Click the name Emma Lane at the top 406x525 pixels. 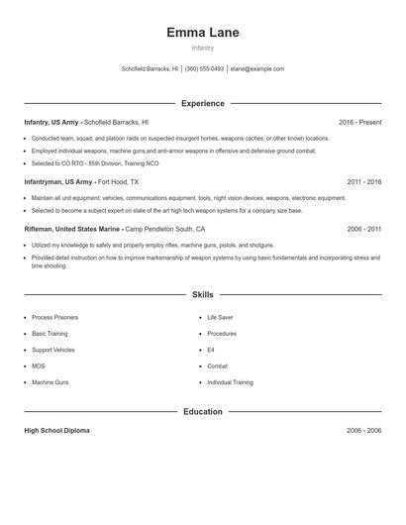[x=203, y=32]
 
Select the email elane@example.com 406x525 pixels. [x=257, y=69]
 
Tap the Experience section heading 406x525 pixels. [x=203, y=103]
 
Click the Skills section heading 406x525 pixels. [x=203, y=294]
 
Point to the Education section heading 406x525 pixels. [x=203, y=411]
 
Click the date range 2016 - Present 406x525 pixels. [x=359, y=122]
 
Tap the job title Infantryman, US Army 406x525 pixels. [x=59, y=183]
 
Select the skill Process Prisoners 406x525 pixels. [x=54, y=317]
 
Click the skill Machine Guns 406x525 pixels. [x=51, y=382]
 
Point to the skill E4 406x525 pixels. [x=211, y=350]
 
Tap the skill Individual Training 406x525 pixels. [x=230, y=382]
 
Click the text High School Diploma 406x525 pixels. [x=57, y=431]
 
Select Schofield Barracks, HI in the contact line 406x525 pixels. [x=150, y=69]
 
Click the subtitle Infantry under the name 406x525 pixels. [x=203, y=48]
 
